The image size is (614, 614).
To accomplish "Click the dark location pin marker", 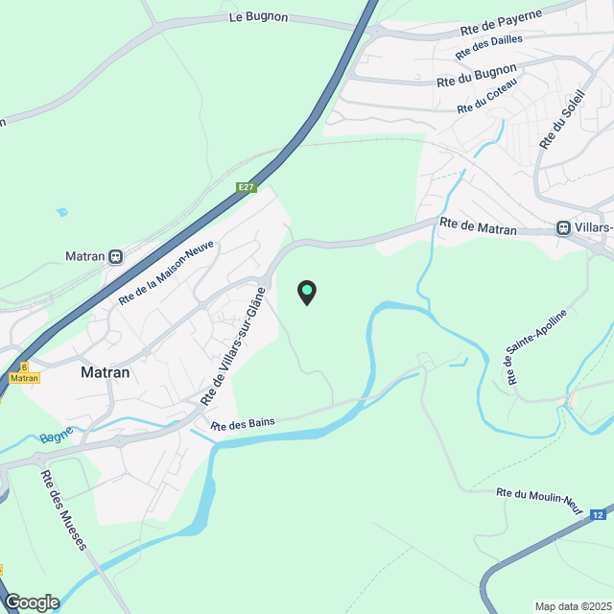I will point(306,292).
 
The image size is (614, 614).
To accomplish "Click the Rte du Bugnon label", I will point(476,76).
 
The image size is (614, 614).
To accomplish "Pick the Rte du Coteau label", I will point(486,96).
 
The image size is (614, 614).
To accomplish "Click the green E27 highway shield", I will point(247,187).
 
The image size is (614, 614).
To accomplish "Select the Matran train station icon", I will point(116,256).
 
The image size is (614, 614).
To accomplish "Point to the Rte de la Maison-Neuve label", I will point(166,273).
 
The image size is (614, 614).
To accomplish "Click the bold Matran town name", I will point(106,372).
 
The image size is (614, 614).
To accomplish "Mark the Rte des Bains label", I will point(239,426).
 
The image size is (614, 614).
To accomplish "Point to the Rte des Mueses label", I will point(63,508).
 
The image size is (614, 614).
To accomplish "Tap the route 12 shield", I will point(599,515).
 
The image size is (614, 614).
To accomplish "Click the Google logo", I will point(31,602).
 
